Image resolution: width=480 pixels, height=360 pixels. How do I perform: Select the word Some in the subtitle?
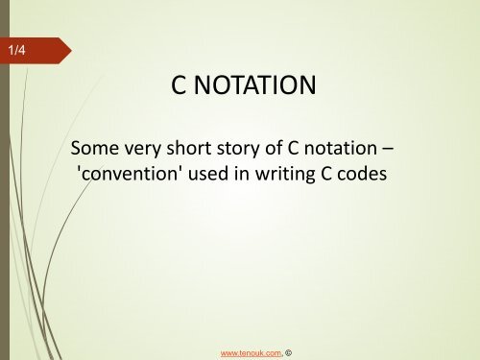pos(93,151)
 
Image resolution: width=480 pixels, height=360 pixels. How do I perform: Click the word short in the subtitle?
pos(190,151)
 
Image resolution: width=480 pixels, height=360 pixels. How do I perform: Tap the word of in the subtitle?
pos(273,151)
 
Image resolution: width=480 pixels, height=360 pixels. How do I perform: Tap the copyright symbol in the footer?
pos(288,351)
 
